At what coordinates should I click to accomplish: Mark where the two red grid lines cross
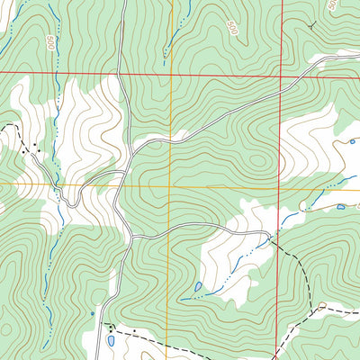point(280,76)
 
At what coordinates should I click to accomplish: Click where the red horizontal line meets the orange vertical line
point(170,73)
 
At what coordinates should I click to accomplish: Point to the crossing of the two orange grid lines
point(170,185)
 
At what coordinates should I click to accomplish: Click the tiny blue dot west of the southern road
point(92,313)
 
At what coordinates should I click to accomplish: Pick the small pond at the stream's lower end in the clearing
point(197,287)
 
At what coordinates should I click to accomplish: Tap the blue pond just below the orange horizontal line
point(340,207)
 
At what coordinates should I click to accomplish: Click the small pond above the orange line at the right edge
point(353,141)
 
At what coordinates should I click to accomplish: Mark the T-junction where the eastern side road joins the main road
point(131,237)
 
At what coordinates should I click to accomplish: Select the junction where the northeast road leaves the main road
point(134,144)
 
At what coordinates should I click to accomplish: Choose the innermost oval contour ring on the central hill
point(259,163)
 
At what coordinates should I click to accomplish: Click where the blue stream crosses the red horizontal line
point(57,71)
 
